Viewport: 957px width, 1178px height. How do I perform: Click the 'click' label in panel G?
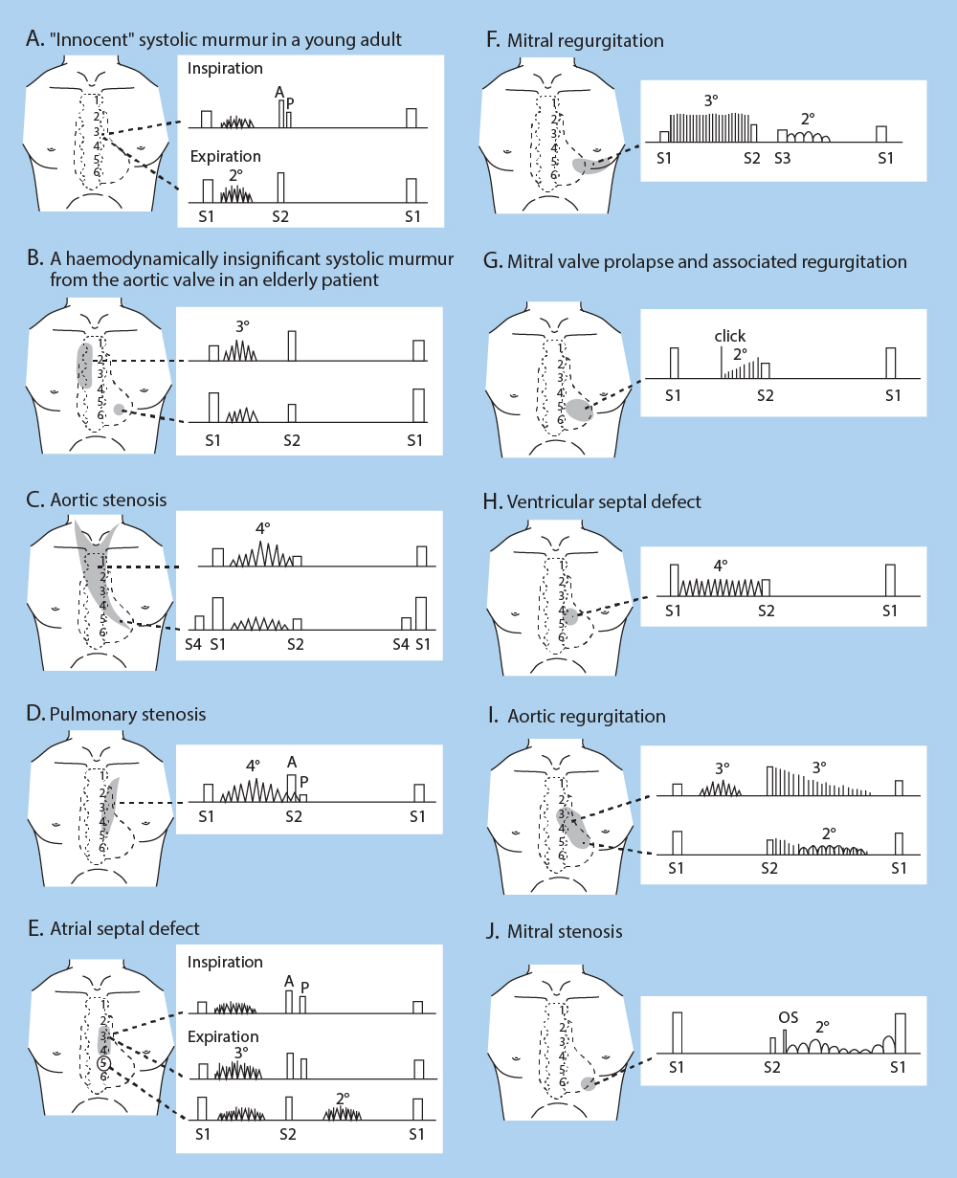730,337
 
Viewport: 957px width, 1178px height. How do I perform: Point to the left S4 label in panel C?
194,645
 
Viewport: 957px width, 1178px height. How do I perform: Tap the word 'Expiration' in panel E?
223,1036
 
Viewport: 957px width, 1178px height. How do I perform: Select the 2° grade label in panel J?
822,1027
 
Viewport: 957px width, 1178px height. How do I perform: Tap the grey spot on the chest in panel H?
571,616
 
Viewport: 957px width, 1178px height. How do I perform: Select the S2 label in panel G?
765,394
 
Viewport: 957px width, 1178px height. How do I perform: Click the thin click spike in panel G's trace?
722,363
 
